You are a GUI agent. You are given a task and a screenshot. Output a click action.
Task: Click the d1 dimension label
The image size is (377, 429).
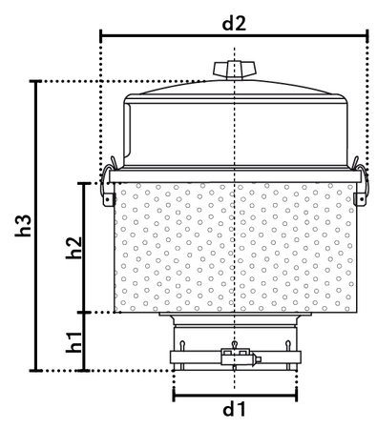point(235,411)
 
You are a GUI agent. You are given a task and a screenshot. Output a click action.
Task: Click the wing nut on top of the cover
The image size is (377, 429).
point(234,69)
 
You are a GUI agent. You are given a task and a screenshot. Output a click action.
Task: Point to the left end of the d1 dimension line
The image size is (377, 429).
point(174,394)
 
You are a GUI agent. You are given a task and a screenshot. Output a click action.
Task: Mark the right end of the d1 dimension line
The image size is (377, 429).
point(296,394)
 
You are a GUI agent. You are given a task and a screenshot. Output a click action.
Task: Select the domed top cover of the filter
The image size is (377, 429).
point(234,124)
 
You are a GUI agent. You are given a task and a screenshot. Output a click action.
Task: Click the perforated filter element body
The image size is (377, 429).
point(234,248)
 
